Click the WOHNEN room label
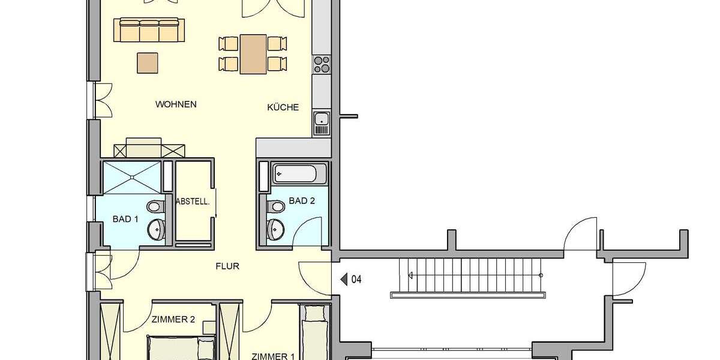176,104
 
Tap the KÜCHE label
283,108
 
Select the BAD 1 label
125,220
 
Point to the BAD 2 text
302,202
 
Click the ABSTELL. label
193,202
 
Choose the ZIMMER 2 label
173,320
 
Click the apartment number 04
356,279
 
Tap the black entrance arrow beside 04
344,279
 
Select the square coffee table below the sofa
148,62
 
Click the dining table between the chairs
253,53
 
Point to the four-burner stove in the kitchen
322,64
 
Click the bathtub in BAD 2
299,174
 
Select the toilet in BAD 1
155,206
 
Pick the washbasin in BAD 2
277,227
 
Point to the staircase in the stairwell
468,275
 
